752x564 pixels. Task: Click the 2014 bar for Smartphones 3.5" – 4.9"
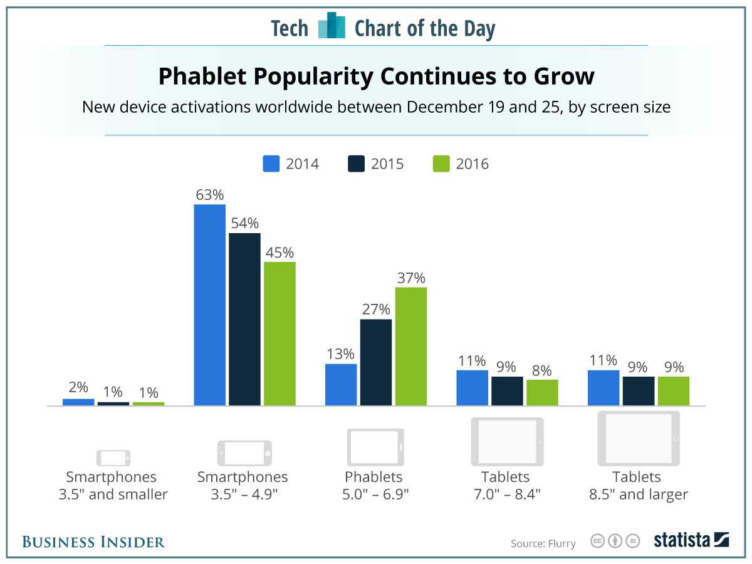tap(210, 305)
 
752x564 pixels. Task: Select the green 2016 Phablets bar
tap(410, 347)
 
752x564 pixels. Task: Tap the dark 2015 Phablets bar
tap(375, 362)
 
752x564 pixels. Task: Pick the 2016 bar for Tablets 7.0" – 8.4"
tap(542, 393)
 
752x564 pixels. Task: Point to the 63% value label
tap(210, 195)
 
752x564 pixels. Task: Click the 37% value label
tap(410, 278)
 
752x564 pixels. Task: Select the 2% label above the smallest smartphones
tap(78, 387)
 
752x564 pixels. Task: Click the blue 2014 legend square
tap(271, 164)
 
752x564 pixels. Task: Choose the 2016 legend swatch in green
tap(441, 164)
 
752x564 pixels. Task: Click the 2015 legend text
tap(387, 164)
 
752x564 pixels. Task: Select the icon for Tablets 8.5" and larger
tap(639, 438)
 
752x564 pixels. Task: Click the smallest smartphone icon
tap(113, 457)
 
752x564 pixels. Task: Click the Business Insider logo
tap(93, 542)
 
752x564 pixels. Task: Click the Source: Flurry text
tap(543, 543)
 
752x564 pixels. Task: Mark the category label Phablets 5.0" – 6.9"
tap(376, 486)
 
